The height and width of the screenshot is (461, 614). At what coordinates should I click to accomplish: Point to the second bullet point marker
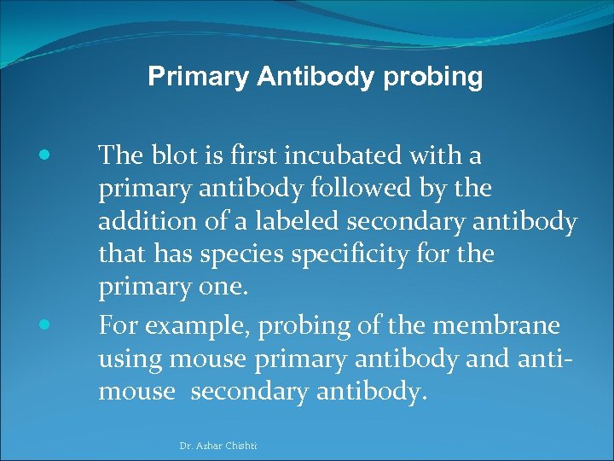click(x=44, y=325)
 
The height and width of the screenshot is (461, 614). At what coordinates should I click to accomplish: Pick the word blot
click(x=177, y=156)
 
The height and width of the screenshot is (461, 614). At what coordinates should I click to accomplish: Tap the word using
click(x=130, y=359)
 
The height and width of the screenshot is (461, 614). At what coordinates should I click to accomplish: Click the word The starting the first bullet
click(x=119, y=156)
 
